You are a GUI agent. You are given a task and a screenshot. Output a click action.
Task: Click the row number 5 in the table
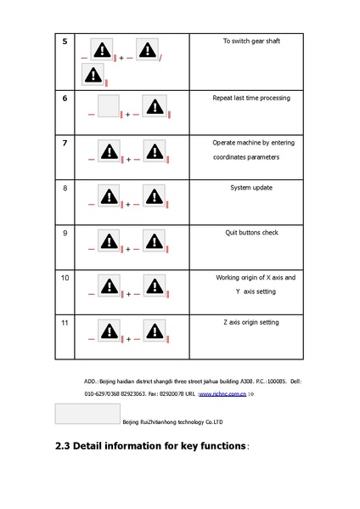(x=65, y=42)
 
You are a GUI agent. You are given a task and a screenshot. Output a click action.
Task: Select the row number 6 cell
(x=65, y=99)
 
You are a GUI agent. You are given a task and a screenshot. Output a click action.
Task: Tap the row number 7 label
(x=65, y=143)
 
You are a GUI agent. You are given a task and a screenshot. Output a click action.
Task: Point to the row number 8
(x=65, y=188)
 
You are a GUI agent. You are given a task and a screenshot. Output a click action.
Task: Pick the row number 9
(x=65, y=233)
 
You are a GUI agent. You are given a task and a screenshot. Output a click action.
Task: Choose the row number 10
(x=65, y=278)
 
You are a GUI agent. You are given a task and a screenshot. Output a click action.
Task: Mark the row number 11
(x=65, y=323)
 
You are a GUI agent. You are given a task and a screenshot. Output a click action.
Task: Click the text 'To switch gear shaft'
(x=250, y=41)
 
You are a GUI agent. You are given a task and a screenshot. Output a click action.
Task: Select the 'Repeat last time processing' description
(x=250, y=98)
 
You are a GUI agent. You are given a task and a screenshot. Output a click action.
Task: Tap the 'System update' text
(x=251, y=188)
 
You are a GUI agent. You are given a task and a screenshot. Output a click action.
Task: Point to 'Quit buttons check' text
(x=251, y=232)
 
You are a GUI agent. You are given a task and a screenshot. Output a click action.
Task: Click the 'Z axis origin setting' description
(x=250, y=322)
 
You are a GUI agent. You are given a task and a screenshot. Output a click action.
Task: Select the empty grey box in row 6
(x=108, y=107)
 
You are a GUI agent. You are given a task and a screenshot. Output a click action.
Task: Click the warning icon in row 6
(x=154, y=107)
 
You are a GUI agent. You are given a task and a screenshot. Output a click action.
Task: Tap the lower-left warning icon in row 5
(x=93, y=75)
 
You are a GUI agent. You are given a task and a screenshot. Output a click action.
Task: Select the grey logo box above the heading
(x=87, y=414)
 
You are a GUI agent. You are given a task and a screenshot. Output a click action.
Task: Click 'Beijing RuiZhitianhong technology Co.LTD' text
(x=172, y=421)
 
